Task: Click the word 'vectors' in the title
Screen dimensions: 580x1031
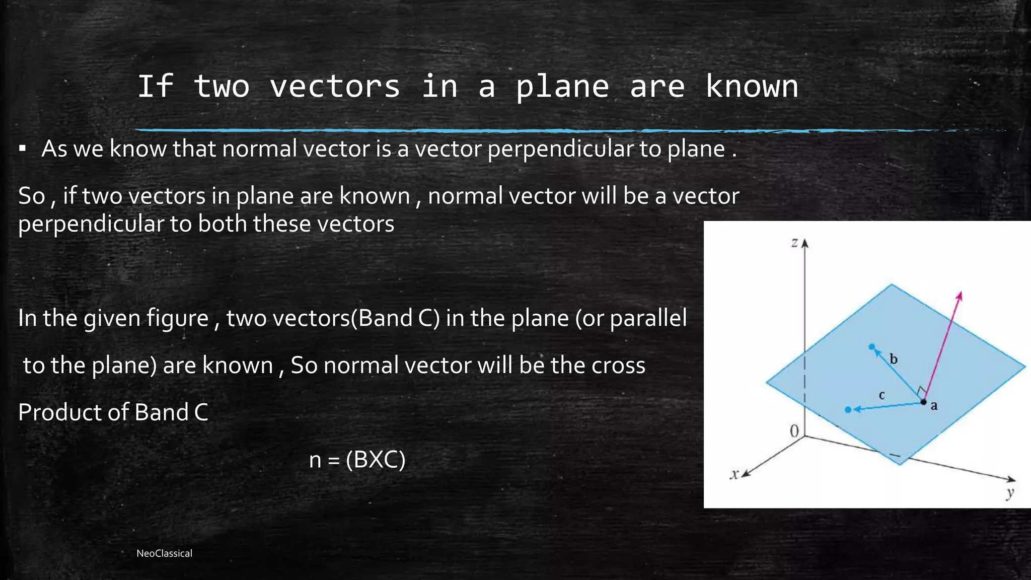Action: coord(335,86)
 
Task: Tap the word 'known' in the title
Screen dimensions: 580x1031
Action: coord(751,86)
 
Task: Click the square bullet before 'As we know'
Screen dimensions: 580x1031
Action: coord(22,149)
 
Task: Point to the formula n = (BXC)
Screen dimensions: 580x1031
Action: coord(357,459)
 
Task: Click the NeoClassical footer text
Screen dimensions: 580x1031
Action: coord(164,553)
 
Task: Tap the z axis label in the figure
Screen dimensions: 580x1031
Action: coord(794,243)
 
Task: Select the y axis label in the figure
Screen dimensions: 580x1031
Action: coord(1009,493)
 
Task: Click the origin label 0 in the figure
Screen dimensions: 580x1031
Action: coord(794,431)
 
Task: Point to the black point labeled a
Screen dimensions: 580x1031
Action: coord(923,402)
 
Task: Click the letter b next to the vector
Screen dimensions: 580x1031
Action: coord(894,359)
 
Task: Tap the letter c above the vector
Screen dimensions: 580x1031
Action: coord(881,395)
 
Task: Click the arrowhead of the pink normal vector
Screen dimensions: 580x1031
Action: coord(960,296)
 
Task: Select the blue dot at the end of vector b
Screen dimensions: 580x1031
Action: coord(872,347)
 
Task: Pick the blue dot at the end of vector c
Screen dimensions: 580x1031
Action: coord(848,410)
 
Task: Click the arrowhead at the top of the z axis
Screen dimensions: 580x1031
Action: coord(804,244)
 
